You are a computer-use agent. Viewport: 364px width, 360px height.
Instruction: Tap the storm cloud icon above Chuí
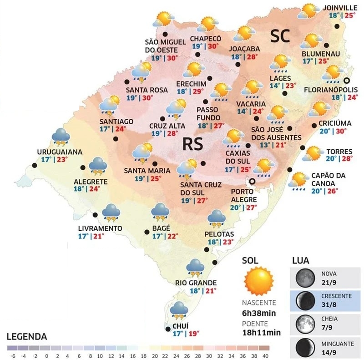pyautogui.click(x=179, y=309)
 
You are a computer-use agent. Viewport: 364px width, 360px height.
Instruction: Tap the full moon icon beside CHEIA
pyautogui.click(x=303, y=323)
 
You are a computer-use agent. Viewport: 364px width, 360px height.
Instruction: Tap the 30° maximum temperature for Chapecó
pyautogui.click(x=213, y=46)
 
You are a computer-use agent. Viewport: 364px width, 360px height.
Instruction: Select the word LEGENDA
pyautogui.click(x=27, y=337)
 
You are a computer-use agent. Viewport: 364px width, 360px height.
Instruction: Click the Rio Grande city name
pyautogui.click(x=196, y=283)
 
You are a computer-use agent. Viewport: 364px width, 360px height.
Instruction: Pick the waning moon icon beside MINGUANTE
pyautogui.click(x=303, y=347)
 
